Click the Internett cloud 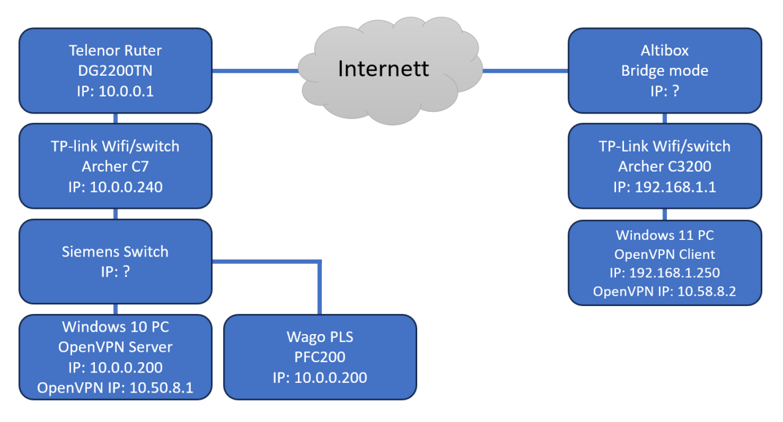[x=384, y=68]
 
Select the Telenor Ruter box [x=116, y=70]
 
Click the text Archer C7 [x=116, y=166]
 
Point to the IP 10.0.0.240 [x=116, y=187]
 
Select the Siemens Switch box [x=116, y=261]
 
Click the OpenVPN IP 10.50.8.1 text [x=116, y=387]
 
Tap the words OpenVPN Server [x=116, y=347]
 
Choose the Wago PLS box [x=320, y=357]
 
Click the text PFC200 [x=320, y=357]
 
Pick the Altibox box [x=665, y=70]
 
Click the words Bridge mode [x=665, y=71]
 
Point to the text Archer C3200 [x=665, y=166]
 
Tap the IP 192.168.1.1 [x=665, y=187]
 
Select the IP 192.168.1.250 [x=665, y=272]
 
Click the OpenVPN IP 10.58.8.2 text [x=665, y=292]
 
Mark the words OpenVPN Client [x=665, y=253]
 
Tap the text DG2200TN [x=116, y=71]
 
